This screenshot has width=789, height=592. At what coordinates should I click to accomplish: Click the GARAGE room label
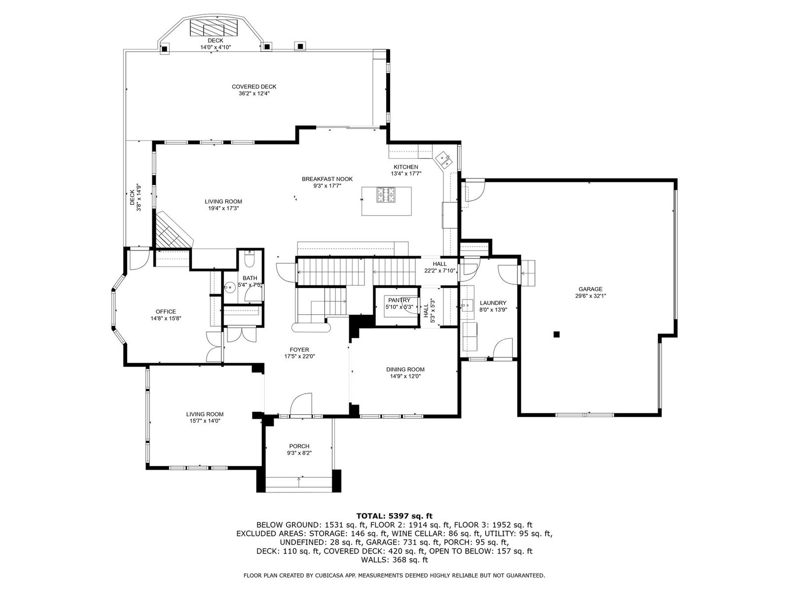click(590, 289)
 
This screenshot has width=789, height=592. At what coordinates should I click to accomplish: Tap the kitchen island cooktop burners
click(386, 195)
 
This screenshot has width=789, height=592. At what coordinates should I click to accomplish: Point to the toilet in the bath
click(250, 259)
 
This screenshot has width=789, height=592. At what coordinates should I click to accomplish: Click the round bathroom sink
click(229, 287)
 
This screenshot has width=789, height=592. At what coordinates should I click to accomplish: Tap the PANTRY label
click(399, 300)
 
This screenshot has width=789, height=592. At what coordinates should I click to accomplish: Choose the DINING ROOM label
click(405, 370)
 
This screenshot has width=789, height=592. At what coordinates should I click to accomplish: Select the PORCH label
click(299, 446)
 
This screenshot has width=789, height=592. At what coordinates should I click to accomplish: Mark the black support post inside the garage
click(556, 334)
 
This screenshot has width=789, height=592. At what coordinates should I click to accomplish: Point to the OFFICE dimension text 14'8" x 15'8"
click(166, 319)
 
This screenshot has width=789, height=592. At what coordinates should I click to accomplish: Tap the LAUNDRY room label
click(493, 303)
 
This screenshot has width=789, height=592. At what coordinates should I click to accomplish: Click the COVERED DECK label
click(254, 87)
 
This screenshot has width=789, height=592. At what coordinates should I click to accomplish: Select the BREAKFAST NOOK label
click(327, 179)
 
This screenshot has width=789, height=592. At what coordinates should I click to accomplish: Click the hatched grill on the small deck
click(214, 27)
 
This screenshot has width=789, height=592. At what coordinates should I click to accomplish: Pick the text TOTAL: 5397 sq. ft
click(394, 517)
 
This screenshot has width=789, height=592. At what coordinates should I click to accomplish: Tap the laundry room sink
click(467, 305)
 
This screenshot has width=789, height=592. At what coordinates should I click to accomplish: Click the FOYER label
click(299, 350)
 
